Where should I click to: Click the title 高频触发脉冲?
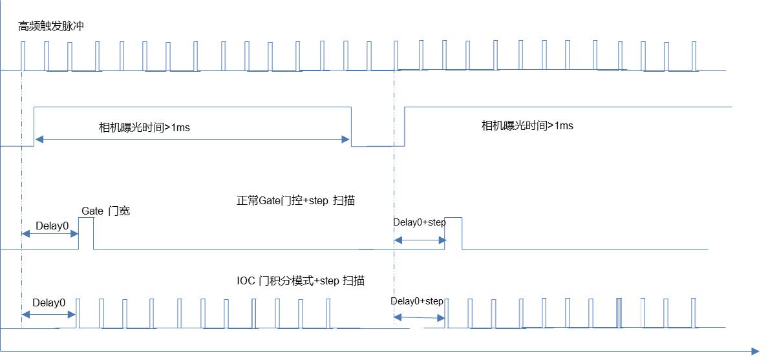(x=51, y=26)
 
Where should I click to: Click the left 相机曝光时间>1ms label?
(x=144, y=129)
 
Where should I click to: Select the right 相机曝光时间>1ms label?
(x=528, y=126)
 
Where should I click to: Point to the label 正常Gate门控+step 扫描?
(x=295, y=201)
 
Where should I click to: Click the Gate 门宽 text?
(x=106, y=211)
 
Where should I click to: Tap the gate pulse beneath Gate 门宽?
(x=86, y=233)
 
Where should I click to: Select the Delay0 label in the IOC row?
(x=49, y=302)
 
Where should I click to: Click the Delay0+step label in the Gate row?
(x=420, y=222)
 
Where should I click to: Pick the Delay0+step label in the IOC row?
(x=417, y=301)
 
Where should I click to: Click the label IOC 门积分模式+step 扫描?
(x=300, y=281)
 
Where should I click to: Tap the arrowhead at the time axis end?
(x=755, y=351)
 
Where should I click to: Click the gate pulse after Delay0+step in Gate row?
(x=453, y=233)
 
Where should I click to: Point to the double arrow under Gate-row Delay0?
(x=50, y=235)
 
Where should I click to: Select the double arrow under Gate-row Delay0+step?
(x=420, y=240)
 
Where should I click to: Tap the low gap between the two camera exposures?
(x=378, y=145)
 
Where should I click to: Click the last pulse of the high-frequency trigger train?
(x=694, y=56)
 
